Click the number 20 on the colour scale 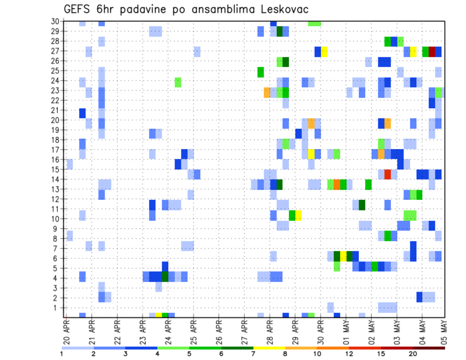413,354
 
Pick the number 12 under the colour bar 350,354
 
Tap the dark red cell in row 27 432,51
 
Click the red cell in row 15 388,174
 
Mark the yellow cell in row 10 299,215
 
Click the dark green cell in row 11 362,205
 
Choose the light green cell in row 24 178,82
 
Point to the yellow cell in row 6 343,256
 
